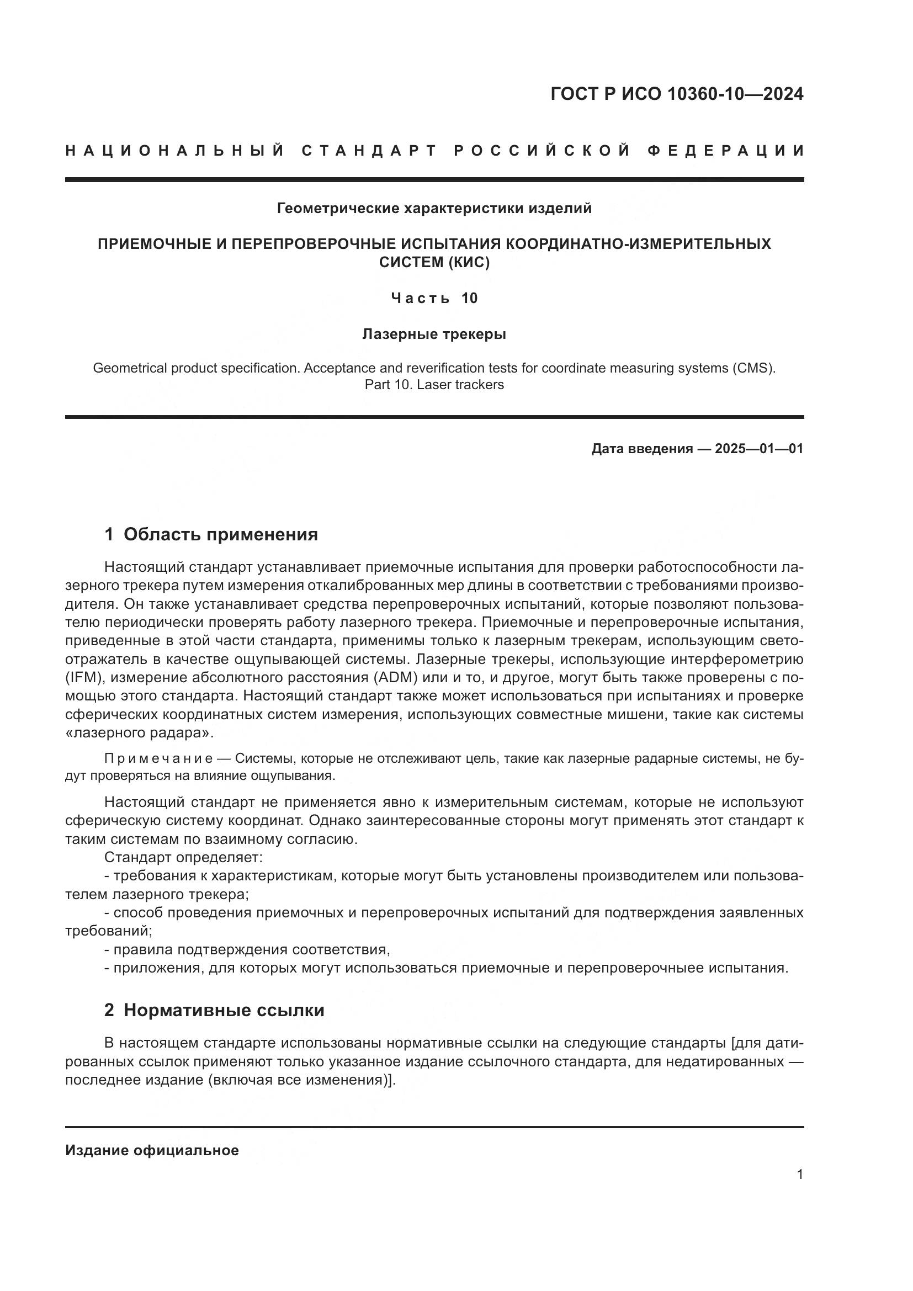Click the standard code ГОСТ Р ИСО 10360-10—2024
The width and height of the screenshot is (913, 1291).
[x=676, y=94]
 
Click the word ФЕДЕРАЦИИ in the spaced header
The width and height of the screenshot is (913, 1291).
[x=725, y=151]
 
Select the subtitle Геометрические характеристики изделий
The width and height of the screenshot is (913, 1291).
[x=434, y=209]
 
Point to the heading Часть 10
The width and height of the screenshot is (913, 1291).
[x=434, y=298]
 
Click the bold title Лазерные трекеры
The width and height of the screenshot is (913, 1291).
[x=434, y=334]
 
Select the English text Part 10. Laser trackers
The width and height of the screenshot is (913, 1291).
[x=434, y=385]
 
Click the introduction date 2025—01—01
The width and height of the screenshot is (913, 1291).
[x=759, y=449]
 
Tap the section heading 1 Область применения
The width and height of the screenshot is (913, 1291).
[x=211, y=534]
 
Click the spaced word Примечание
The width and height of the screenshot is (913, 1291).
[x=158, y=758]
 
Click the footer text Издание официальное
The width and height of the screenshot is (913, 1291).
[x=152, y=1150]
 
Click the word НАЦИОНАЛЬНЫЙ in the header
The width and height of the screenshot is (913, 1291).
[x=175, y=151]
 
